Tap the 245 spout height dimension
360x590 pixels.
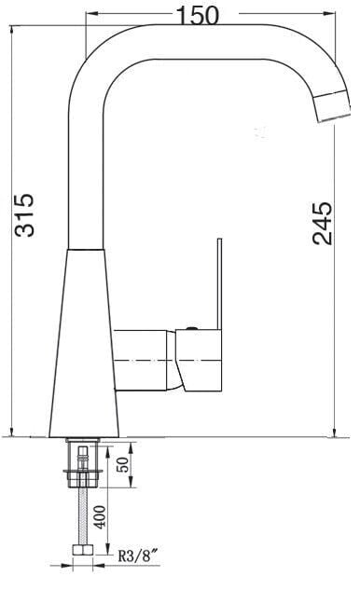click(x=323, y=223)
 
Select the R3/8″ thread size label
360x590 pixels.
click(x=136, y=558)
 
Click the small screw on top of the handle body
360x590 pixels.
click(x=190, y=327)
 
